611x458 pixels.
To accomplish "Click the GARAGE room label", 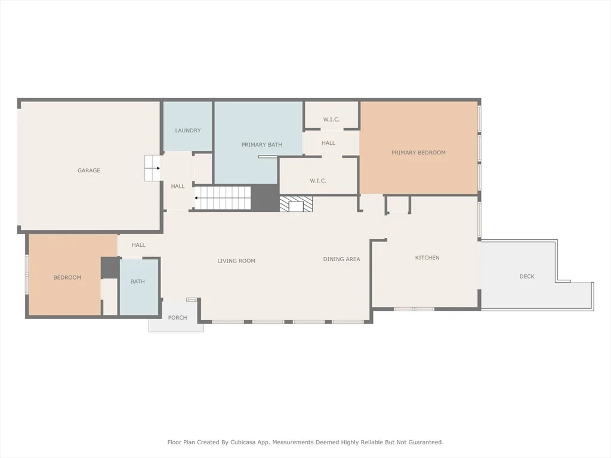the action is (x=89, y=170).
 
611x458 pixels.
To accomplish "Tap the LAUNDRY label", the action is (x=188, y=131).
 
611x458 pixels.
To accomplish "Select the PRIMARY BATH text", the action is (x=261, y=144).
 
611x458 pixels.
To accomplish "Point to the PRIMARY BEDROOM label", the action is (x=418, y=153).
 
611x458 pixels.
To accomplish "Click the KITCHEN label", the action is (x=427, y=258).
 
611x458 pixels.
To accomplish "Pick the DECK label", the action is (x=527, y=276).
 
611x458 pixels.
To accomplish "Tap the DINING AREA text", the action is (x=341, y=259).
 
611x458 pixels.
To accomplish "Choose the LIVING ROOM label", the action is (x=236, y=261).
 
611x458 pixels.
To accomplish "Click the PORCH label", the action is (x=177, y=317).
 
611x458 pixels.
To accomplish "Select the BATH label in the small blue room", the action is (x=138, y=281).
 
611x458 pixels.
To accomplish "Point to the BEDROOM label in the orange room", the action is (x=67, y=277).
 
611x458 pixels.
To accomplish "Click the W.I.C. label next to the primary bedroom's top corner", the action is (x=331, y=119).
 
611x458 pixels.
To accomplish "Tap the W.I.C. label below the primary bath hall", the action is (x=318, y=181).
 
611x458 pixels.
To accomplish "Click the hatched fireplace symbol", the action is (x=296, y=204).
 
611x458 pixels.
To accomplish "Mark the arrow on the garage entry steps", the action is (x=158, y=168).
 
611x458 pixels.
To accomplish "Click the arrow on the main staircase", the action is (x=196, y=198).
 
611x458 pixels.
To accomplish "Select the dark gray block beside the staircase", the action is (x=265, y=198).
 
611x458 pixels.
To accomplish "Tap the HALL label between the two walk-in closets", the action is (x=329, y=143).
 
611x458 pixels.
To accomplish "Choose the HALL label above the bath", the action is (x=138, y=245).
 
